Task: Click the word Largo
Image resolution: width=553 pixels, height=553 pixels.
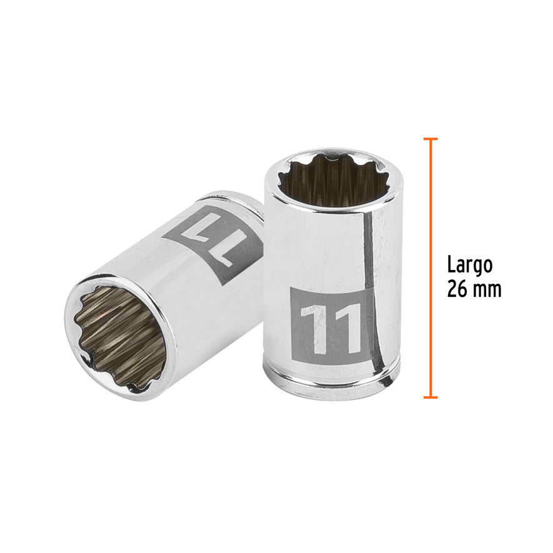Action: tap(469, 265)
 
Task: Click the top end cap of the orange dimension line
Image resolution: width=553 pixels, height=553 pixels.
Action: tap(430, 139)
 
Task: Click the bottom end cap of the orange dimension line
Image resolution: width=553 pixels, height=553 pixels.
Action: tap(430, 397)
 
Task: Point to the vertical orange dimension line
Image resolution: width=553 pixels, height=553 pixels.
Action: tap(430, 269)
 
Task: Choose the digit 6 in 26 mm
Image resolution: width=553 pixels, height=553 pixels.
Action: tap(463, 289)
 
